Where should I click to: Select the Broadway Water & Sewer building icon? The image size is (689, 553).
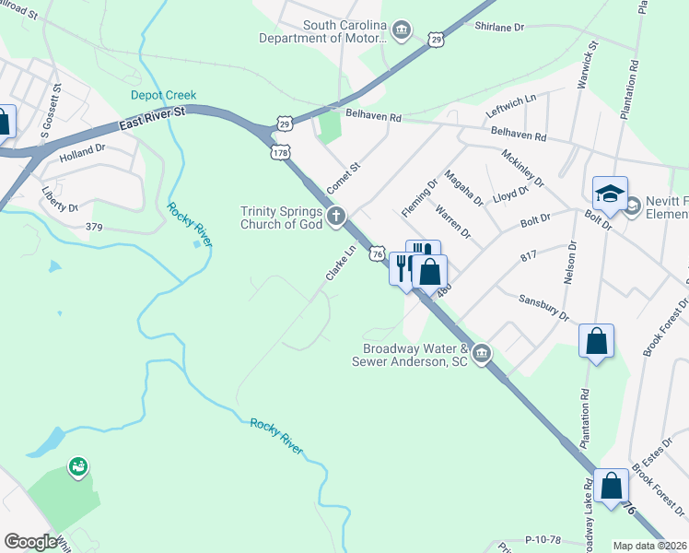(481, 355)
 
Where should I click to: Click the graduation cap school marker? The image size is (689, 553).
(609, 193)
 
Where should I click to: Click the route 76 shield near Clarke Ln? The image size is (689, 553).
(377, 252)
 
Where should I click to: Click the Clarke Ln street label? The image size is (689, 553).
(339, 264)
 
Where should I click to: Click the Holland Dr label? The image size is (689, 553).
(83, 151)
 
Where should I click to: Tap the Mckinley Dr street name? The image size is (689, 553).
(522, 167)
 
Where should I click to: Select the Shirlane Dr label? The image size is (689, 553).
(498, 28)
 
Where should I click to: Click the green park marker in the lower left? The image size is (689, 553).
(77, 468)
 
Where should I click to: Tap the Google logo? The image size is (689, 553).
(30, 542)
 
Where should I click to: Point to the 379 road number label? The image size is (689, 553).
(93, 226)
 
